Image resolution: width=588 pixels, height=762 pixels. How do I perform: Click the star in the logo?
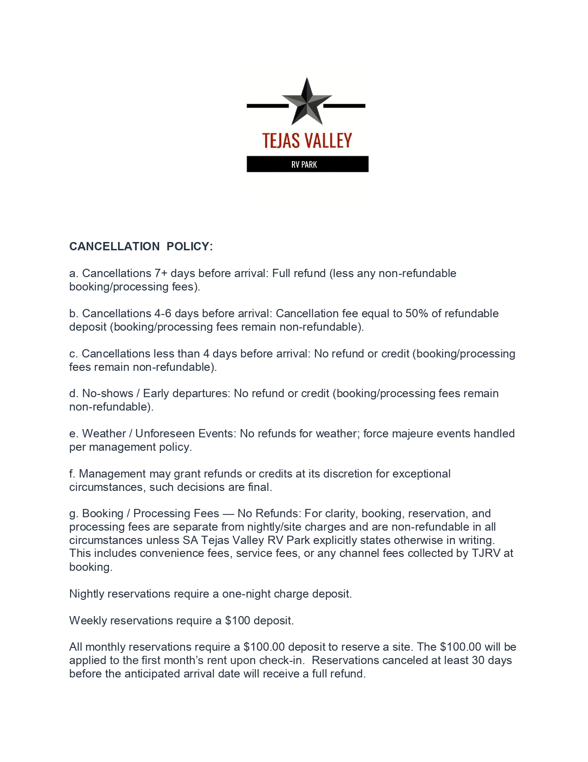[x=307, y=103]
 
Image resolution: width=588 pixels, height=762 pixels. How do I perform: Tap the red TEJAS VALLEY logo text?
[x=307, y=140]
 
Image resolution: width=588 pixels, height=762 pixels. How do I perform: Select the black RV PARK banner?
[x=307, y=164]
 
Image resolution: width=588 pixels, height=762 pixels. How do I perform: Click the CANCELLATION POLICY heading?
[x=141, y=247]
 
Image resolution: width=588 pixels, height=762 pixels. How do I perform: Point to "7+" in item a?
[x=161, y=273]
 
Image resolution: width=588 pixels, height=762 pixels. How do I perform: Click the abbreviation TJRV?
[x=486, y=553]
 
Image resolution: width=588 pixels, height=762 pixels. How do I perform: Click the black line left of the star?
[x=267, y=106]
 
